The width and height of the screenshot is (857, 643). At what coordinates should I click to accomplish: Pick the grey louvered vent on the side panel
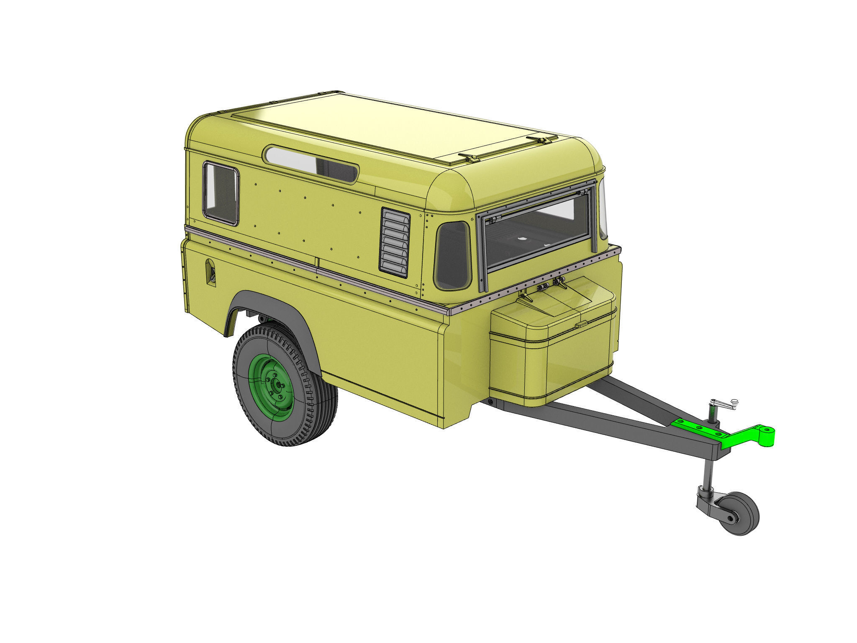coord(395,243)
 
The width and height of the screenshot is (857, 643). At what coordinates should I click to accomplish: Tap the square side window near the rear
coord(221,194)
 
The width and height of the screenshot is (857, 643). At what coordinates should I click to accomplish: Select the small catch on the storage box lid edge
coord(581,325)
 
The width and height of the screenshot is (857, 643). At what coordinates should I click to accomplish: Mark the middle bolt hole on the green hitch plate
coord(698,427)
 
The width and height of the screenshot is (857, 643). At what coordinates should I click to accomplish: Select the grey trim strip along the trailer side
coord(318,268)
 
